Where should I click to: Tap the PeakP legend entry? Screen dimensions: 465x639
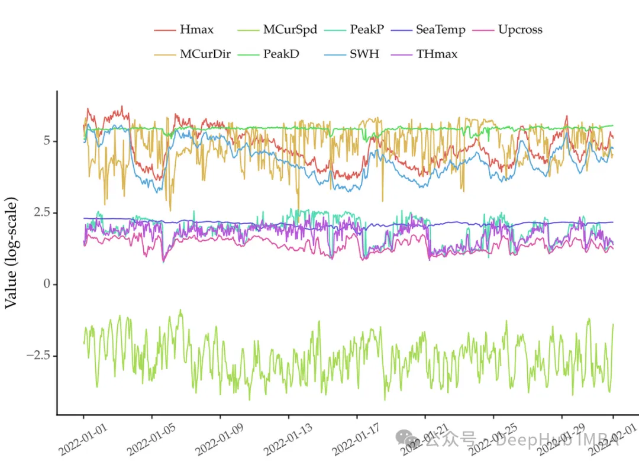pyautogui.click(x=366, y=30)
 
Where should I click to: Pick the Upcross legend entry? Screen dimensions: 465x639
pyautogui.click(x=519, y=30)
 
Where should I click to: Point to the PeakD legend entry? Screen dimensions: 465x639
pyautogui.click(x=281, y=54)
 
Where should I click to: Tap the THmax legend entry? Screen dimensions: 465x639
pyautogui.click(x=437, y=54)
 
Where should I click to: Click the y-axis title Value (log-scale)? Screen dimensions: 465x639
pyautogui.click(x=12, y=252)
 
